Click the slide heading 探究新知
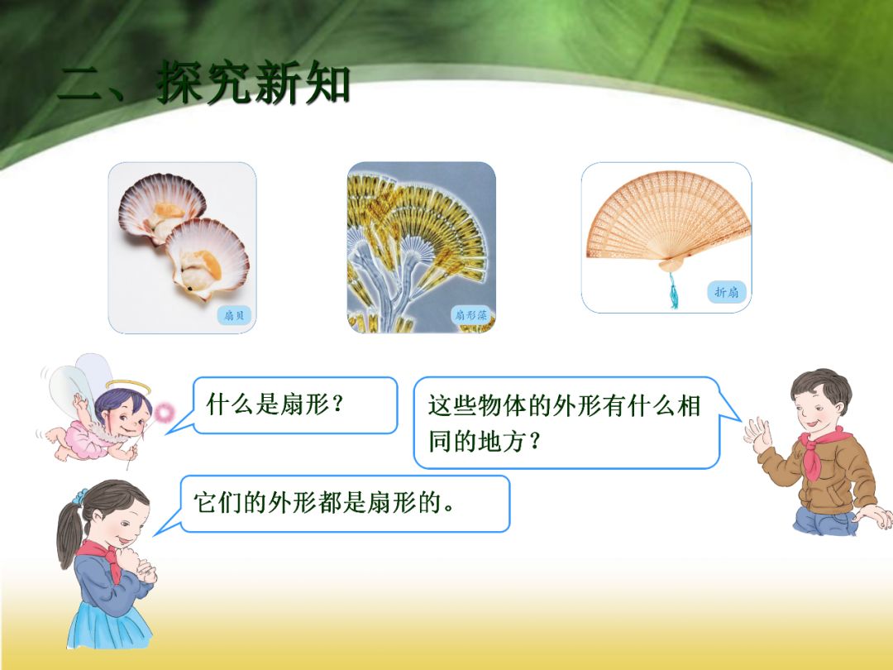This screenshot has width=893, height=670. click(253, 85)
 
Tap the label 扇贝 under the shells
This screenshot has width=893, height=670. click(234, 314)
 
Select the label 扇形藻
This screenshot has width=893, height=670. click(471, 314)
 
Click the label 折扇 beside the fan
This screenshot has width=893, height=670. click(727, 291)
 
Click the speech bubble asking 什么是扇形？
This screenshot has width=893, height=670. click(295, 404)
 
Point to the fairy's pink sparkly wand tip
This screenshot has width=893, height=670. click(166, 410)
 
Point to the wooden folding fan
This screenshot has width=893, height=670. click(667, 217)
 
